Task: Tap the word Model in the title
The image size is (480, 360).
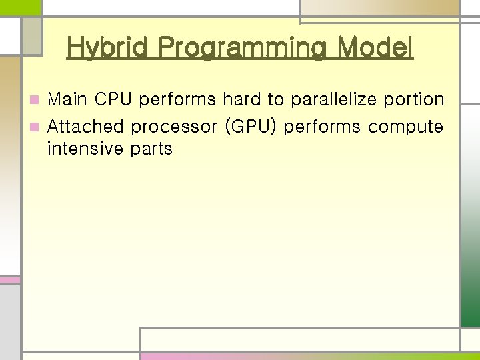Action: (x=375, y=48)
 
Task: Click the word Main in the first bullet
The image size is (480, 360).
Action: (x=68, y=100)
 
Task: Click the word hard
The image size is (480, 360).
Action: (x=242, y=100)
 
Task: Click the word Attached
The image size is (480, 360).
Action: (x=86, y=126)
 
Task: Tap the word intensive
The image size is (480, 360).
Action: (x=85, y=149)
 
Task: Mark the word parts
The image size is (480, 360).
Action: (x=151, y=149)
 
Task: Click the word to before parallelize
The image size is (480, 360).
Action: (x=275, y=100)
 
